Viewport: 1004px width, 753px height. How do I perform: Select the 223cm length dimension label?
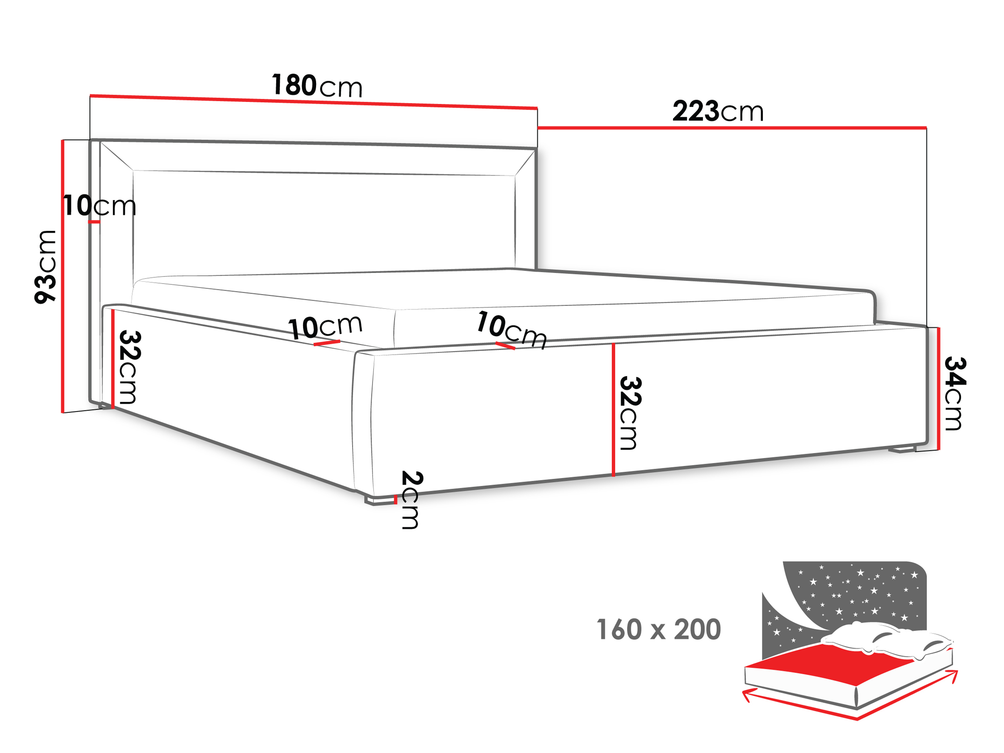(718, 111)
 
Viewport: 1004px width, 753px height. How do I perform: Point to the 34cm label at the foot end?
(955, 393)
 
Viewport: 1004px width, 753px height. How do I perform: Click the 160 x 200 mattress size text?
(658, 629)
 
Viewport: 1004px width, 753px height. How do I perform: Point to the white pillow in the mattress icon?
(885, 640)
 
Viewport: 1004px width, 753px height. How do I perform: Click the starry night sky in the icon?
(853, 595)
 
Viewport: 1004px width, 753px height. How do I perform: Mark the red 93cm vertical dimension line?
(63, 276)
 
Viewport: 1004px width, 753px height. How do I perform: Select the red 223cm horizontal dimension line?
(732, 128)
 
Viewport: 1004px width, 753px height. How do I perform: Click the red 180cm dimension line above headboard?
(314, 102)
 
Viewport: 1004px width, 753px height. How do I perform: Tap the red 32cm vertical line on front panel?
(613, 410)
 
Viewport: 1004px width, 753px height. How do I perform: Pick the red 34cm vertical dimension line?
(939, 389)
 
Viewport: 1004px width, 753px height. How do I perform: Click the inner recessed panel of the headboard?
(324, 222)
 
